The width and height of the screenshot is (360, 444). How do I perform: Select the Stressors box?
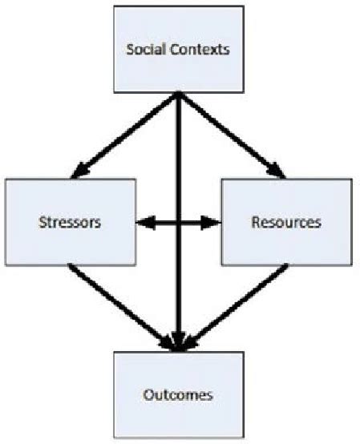tap(70, 221)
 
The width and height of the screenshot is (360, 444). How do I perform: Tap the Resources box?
tap(285, 221)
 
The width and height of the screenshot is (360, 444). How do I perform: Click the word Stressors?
tap(70, 222)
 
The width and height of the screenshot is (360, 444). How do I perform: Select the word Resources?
tap(286, 222)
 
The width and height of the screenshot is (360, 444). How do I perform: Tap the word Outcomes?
tap(178, 394)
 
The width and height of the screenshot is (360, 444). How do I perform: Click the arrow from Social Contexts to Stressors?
tap(124, 134)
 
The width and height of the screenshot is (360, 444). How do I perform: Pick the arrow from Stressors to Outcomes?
tap(120, 305)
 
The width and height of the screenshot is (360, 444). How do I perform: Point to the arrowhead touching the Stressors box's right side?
tap(142, 222)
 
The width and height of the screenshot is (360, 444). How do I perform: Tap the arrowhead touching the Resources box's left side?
tap(214, 222)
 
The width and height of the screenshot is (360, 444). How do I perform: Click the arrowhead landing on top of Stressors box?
tap(79, 172)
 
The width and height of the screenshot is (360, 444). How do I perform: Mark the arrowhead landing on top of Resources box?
tap(277, 172)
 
